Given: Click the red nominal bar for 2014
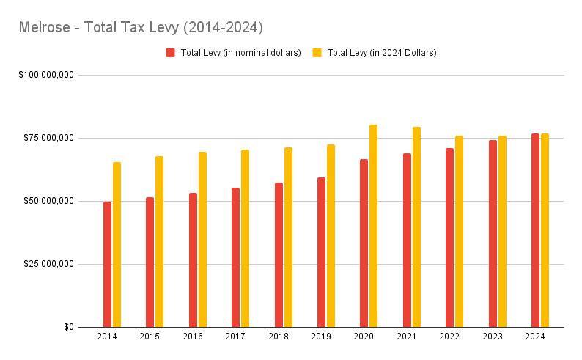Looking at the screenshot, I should tap(107, 264).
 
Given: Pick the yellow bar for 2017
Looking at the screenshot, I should tap(245, 238).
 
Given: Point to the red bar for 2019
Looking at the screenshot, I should tap(321, 252).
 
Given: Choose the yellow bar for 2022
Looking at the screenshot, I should tap(459, 231).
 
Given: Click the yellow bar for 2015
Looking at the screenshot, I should tap(159, 241).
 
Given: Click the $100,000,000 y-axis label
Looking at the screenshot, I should tap(45, 75).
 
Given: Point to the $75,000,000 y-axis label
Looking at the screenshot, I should tap(48, 138).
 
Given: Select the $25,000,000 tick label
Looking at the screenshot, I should tap(48, 264).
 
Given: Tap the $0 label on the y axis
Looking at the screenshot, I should tap(68, 327).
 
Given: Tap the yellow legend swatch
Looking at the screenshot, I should tap(317, 53).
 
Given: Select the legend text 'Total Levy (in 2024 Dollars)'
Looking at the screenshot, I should tap(382, 53).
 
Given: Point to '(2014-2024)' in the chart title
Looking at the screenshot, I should tap(224, 28).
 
